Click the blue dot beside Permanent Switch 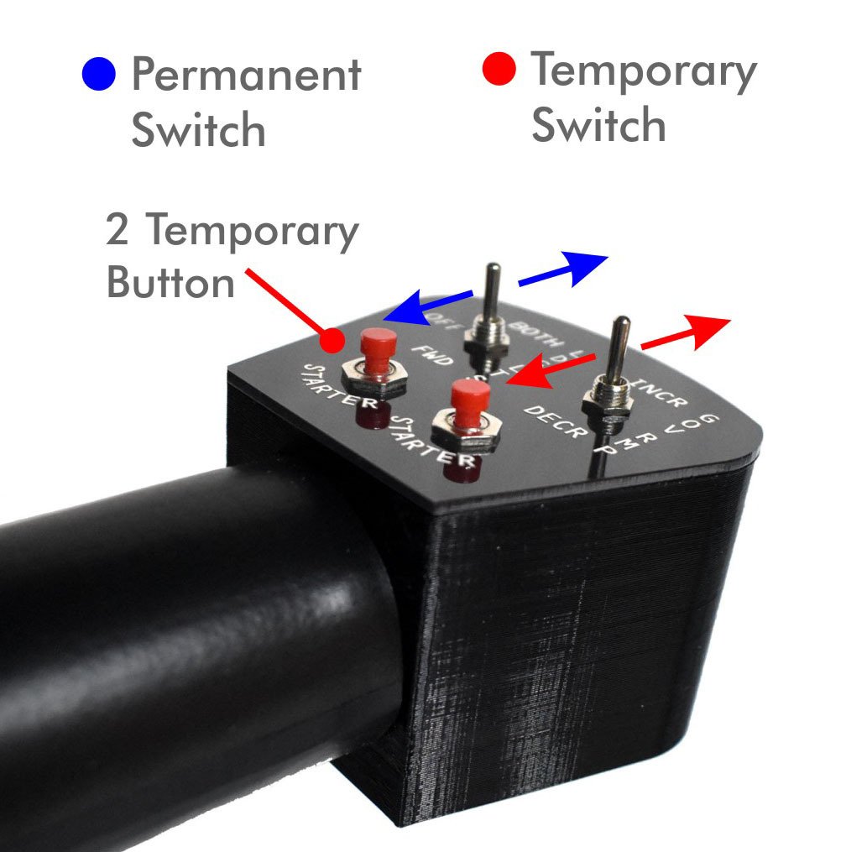click(100, 75)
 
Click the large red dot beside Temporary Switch click(500, 70)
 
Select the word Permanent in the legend click(246, 76)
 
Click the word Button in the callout click(171, 283)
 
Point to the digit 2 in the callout click(118, 231)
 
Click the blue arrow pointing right click(562, 270)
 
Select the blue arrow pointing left click(428, 305)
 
